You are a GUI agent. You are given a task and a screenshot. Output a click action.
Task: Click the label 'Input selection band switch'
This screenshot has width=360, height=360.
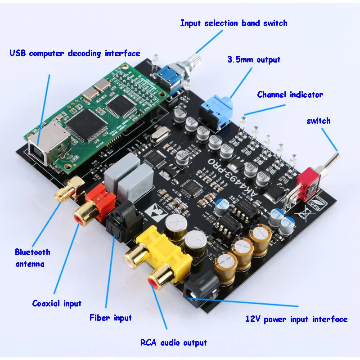(x=234, y=23)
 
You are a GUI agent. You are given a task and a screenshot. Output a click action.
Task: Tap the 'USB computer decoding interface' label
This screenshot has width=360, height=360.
(x=75, y=54)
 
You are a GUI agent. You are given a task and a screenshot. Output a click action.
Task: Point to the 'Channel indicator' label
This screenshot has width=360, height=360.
(x=290, y=95)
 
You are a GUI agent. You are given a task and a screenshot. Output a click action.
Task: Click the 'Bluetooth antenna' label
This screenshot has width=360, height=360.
(x=32, y=258)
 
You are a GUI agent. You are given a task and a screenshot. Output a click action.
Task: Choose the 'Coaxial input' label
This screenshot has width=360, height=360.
(x=57, y=303)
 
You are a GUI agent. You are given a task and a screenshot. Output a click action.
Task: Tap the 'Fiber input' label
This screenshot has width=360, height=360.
(x=110, y=318)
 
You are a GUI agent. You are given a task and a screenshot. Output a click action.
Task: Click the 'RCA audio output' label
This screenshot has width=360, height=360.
(x=174, y=343)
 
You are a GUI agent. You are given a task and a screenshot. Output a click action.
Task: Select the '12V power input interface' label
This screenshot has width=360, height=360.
(x=297, y=319)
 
